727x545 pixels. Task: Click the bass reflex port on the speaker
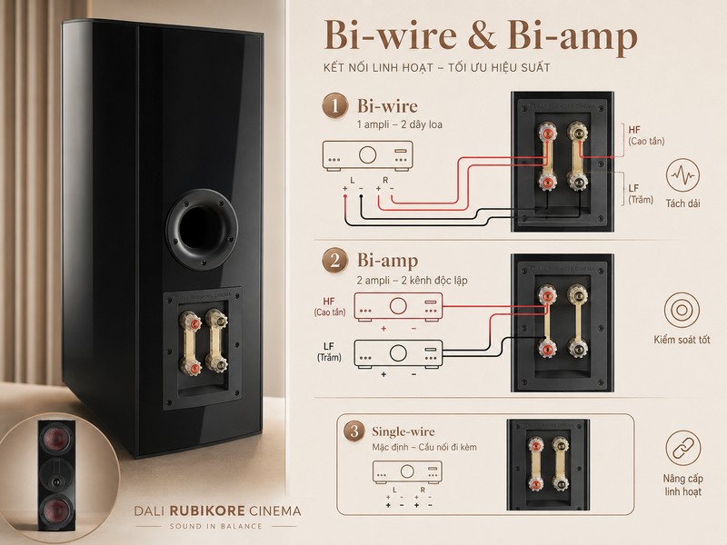pyautogui.click(x=202, y=230)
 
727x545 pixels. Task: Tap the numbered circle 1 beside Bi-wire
pyautogui.click(x=334, y=105)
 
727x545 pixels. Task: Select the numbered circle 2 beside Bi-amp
pyautogui.click(x=334, y=261)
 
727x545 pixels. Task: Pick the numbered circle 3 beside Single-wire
pyautogui.click(x=354, y=431)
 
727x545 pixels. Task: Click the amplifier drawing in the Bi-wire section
pyautogui.click(x=367, y=156)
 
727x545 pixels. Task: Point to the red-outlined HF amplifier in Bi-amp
pyautogui.click(x=398, y=306)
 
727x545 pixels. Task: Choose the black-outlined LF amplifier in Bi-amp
pyautogui.click(x=398, y=354)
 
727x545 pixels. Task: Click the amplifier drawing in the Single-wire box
pyautogui.click(x=407, y=471)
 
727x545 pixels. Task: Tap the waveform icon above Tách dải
pyautogui.click(x=682, y=175)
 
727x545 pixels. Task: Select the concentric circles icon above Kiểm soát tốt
pyautogui.click(x=681, y=310)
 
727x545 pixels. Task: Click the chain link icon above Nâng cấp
pyautogui.click(x=682, y=448)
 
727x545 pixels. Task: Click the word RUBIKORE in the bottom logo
pyautogui.click(x=207, y=511)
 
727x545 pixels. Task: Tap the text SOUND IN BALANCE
pyautogui.click(x=216, y=527)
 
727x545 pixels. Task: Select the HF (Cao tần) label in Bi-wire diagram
pyautogui.click(x=646, y=135)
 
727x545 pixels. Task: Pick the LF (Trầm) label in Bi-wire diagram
pyautogui.click(x=641, y=193)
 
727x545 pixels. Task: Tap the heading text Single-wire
pyautogui.click(x=403, y=431)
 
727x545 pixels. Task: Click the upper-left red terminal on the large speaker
pyautogui.click(x=192, y=322)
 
